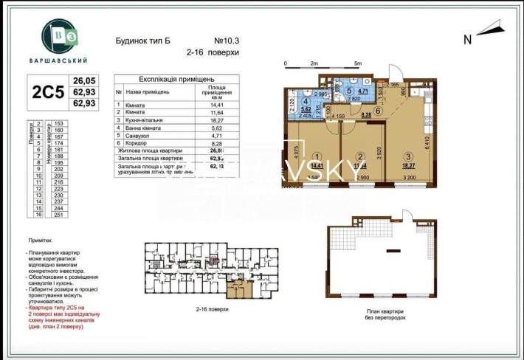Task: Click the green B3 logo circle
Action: (x=63, y=35)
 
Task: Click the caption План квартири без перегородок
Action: (x=380, y=313)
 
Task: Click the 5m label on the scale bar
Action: (x=357, y=64)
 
